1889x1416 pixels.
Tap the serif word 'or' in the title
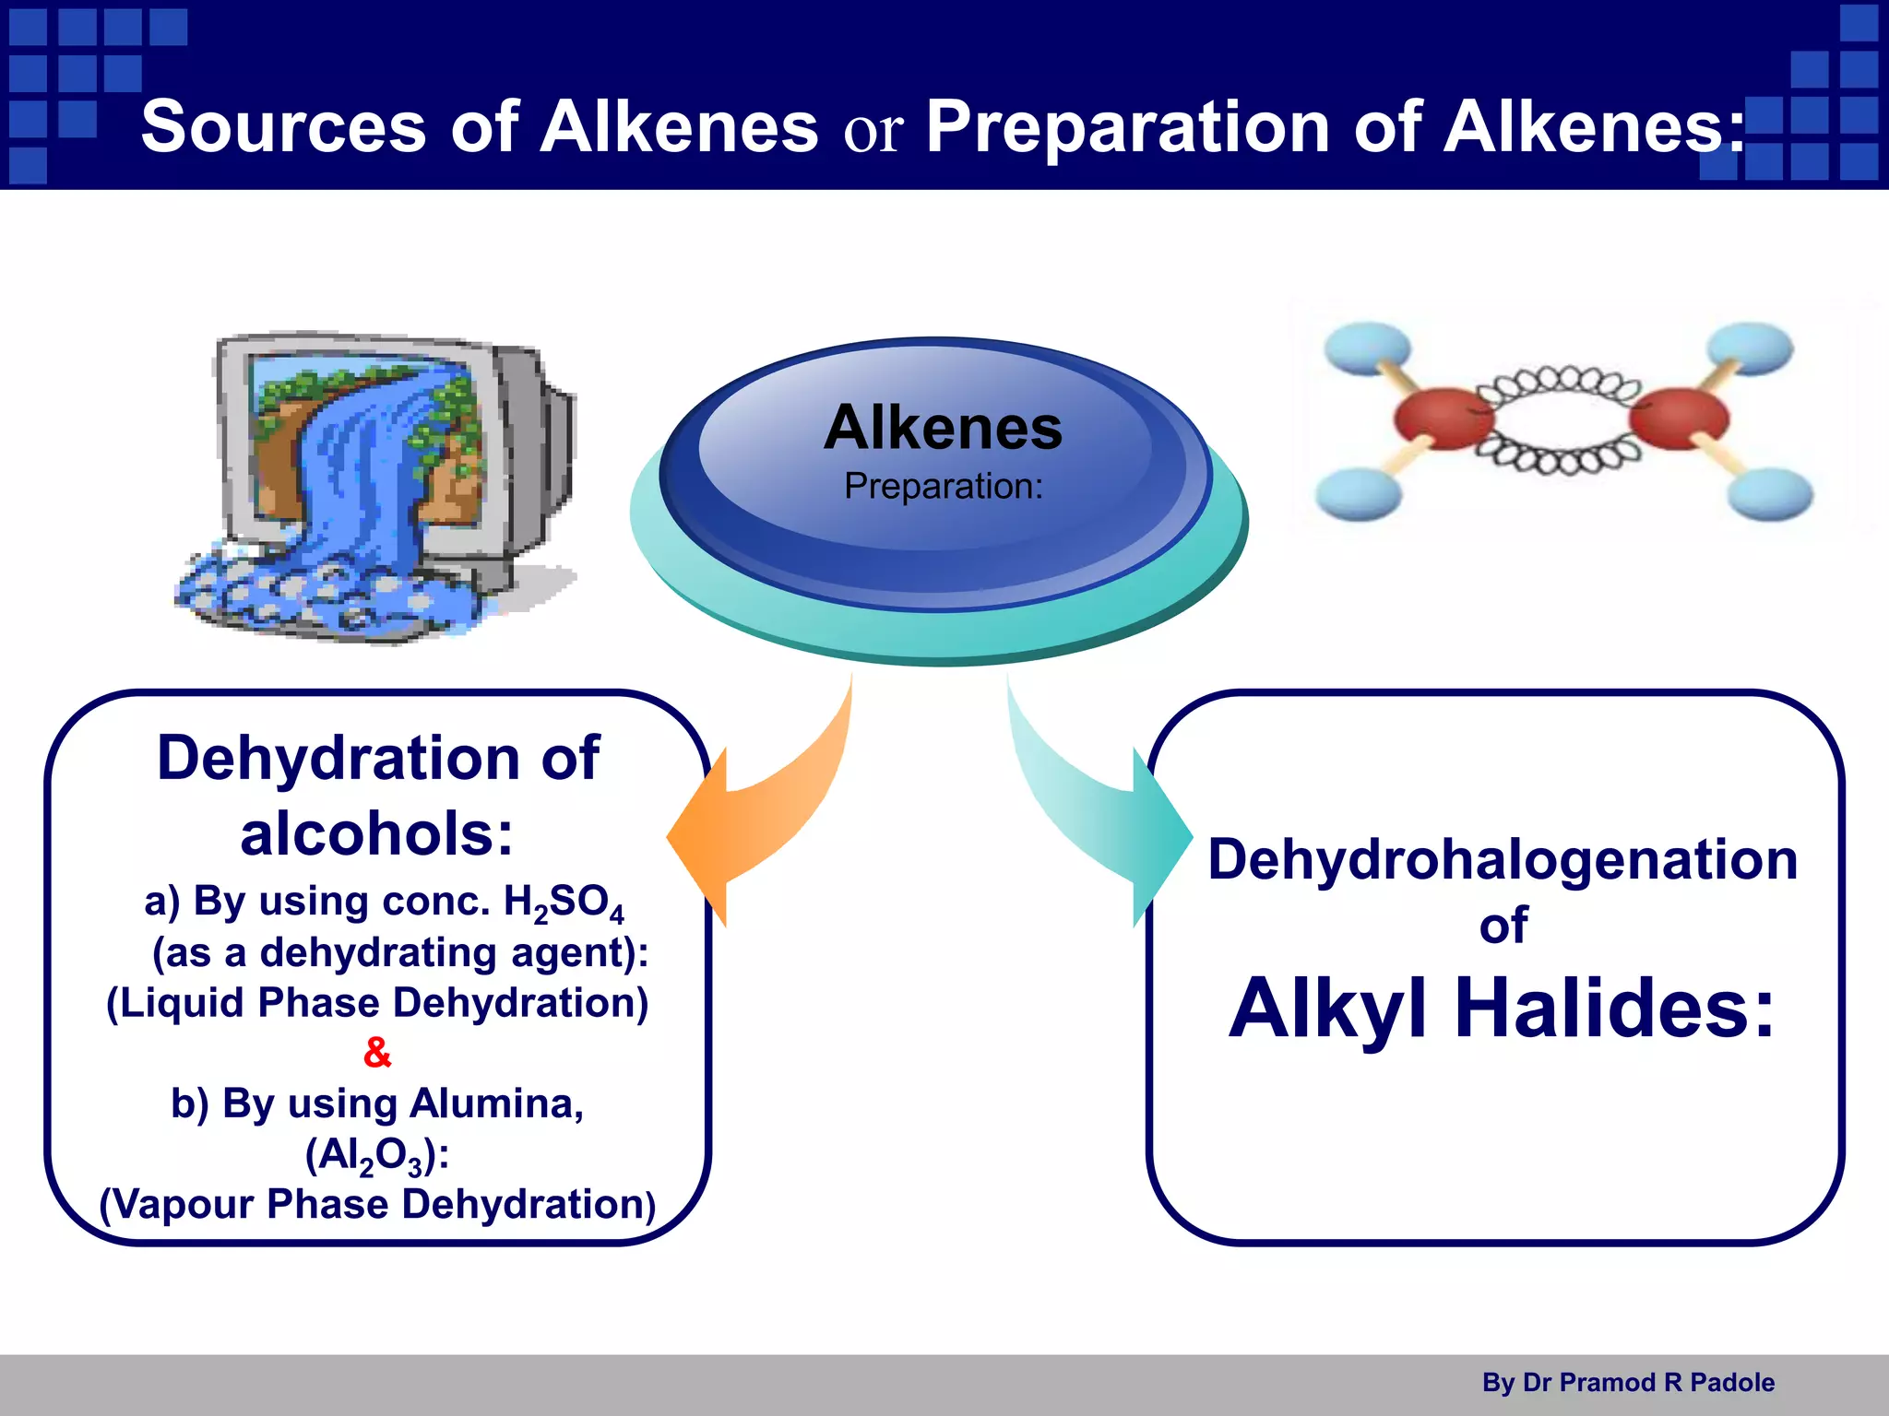point(872,131)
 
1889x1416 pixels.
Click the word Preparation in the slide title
point(1127,126)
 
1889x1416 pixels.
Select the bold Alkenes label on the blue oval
point(943,428)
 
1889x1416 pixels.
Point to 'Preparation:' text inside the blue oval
point(943,486)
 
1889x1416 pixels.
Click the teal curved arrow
point(1098,811)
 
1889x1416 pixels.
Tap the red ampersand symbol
point(377,1052)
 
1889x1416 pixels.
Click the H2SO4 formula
point(564,903)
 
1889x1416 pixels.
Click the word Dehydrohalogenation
point(1503,859)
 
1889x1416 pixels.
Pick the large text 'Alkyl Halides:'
point(1501,1008)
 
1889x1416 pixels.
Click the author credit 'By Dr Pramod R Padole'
point(1628,1383)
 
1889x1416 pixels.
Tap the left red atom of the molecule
point(1441,419)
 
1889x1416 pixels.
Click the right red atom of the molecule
point(1679,419)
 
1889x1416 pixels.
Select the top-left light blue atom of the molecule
point(1367,348)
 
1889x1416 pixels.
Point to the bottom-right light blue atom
point(1769,493)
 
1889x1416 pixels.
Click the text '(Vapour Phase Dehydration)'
point(377,1204)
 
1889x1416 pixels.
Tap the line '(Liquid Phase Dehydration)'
point(377,1003)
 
